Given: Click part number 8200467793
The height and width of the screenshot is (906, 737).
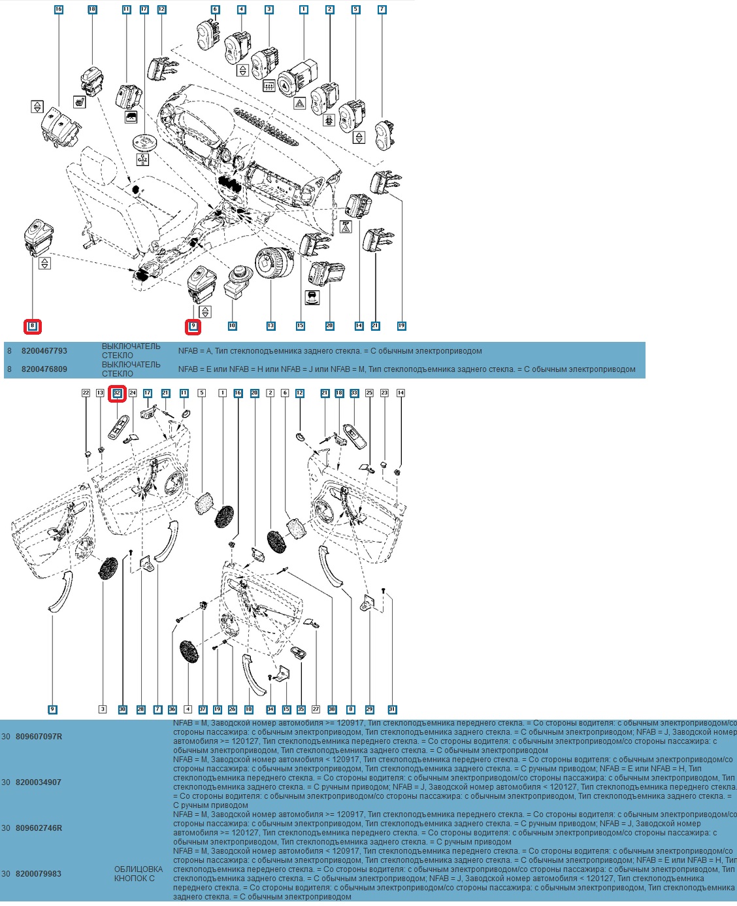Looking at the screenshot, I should (x=44, y=351).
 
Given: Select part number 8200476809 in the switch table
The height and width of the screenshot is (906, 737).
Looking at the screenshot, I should (x=44, y=369).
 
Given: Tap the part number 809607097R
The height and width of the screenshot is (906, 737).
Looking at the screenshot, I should (x=39, y=737).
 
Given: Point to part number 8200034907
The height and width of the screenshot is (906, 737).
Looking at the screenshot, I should (x=39, y=782).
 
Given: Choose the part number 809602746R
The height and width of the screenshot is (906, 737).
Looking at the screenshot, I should (x=39, y=828).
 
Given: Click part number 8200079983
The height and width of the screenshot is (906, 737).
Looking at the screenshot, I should (x=39, y=874).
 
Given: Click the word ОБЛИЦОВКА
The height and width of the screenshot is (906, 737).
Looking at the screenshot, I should (x=139, y=869).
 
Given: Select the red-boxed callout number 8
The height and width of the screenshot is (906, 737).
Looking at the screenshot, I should (x=33, y=326).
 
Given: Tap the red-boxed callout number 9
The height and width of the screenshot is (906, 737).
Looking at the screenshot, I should (x=193, y=326).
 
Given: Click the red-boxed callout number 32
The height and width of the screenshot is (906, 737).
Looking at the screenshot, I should (x=118, y=393).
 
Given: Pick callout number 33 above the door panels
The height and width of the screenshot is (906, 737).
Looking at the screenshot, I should (x=354, y=393).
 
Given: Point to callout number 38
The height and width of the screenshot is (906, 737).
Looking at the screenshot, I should (x=332, y=709).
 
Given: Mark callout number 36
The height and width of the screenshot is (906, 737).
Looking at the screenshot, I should (x=172, y=709).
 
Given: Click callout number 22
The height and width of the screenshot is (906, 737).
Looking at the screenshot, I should (x=86, y=393).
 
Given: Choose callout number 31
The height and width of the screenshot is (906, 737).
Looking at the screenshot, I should (x=392, y=709).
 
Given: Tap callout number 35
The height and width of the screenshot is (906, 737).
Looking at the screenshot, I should (x=301, y=709).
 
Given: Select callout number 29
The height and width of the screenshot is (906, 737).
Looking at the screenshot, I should (x=369, y=709).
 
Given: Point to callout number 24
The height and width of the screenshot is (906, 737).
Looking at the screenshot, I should (x=133, y=393).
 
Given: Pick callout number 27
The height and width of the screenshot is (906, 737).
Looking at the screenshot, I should (x=316, y=709).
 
